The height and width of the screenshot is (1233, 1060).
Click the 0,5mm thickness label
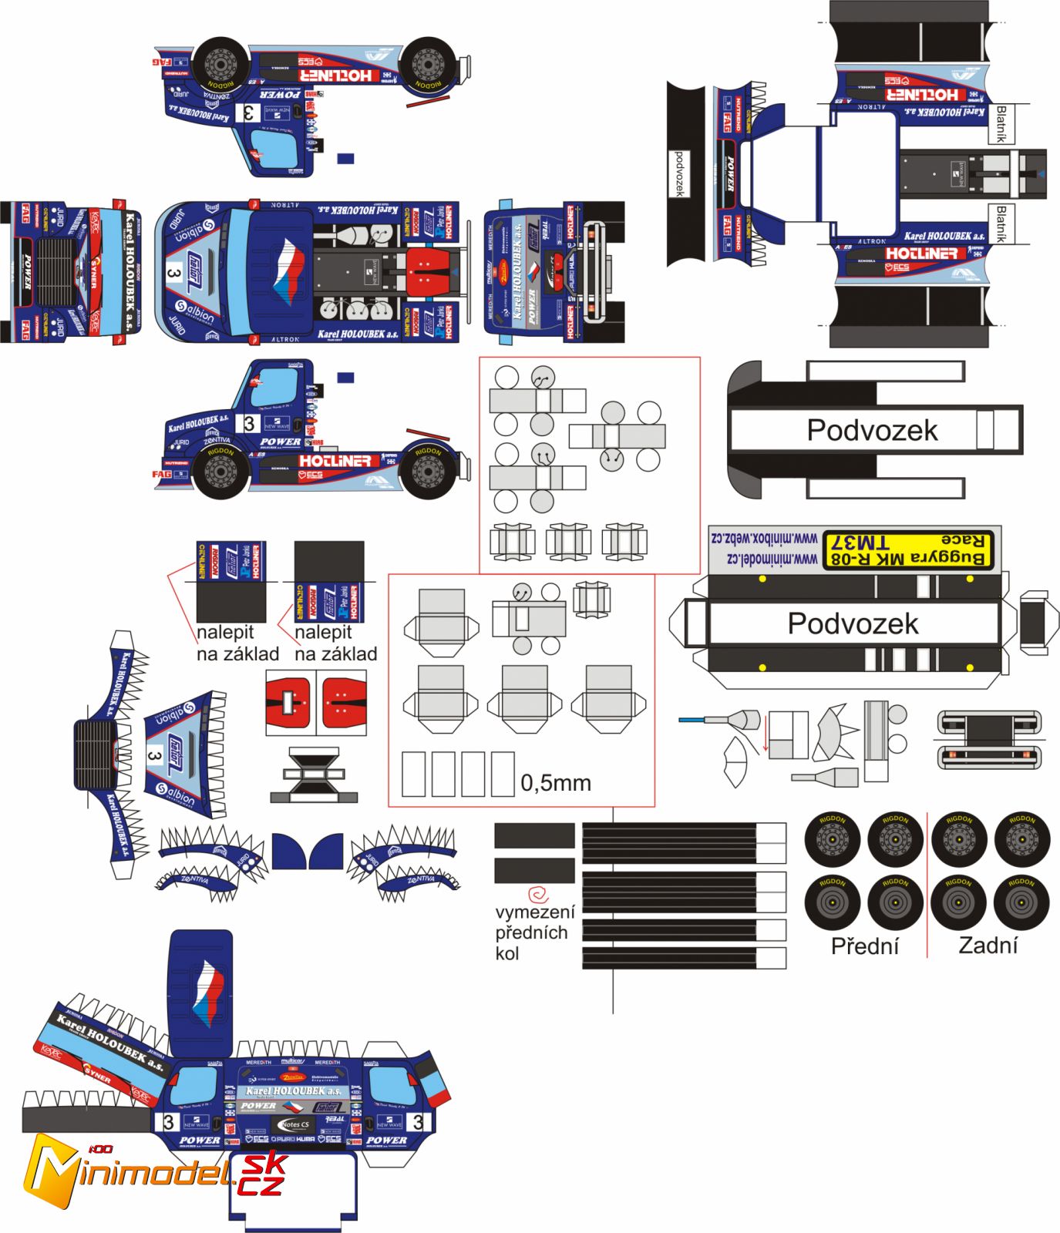click(x=556, y=783)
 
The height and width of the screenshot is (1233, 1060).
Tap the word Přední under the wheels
click(x=864, y=946)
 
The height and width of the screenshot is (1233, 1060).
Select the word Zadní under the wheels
click(x=988, y=946)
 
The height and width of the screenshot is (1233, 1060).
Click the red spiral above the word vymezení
click(x=538, y=894)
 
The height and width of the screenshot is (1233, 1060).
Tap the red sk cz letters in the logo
click(x=262, y=1175)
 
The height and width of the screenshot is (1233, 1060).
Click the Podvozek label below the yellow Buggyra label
click(x=853, y=623)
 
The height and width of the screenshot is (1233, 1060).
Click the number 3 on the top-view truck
click(x=173, y=273)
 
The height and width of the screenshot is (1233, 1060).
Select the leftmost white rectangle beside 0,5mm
click(x=413, y=774)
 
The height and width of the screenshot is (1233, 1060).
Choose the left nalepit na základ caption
click(x=237, y=643)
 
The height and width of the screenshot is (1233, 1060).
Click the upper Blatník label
click(x=1001, y=124)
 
